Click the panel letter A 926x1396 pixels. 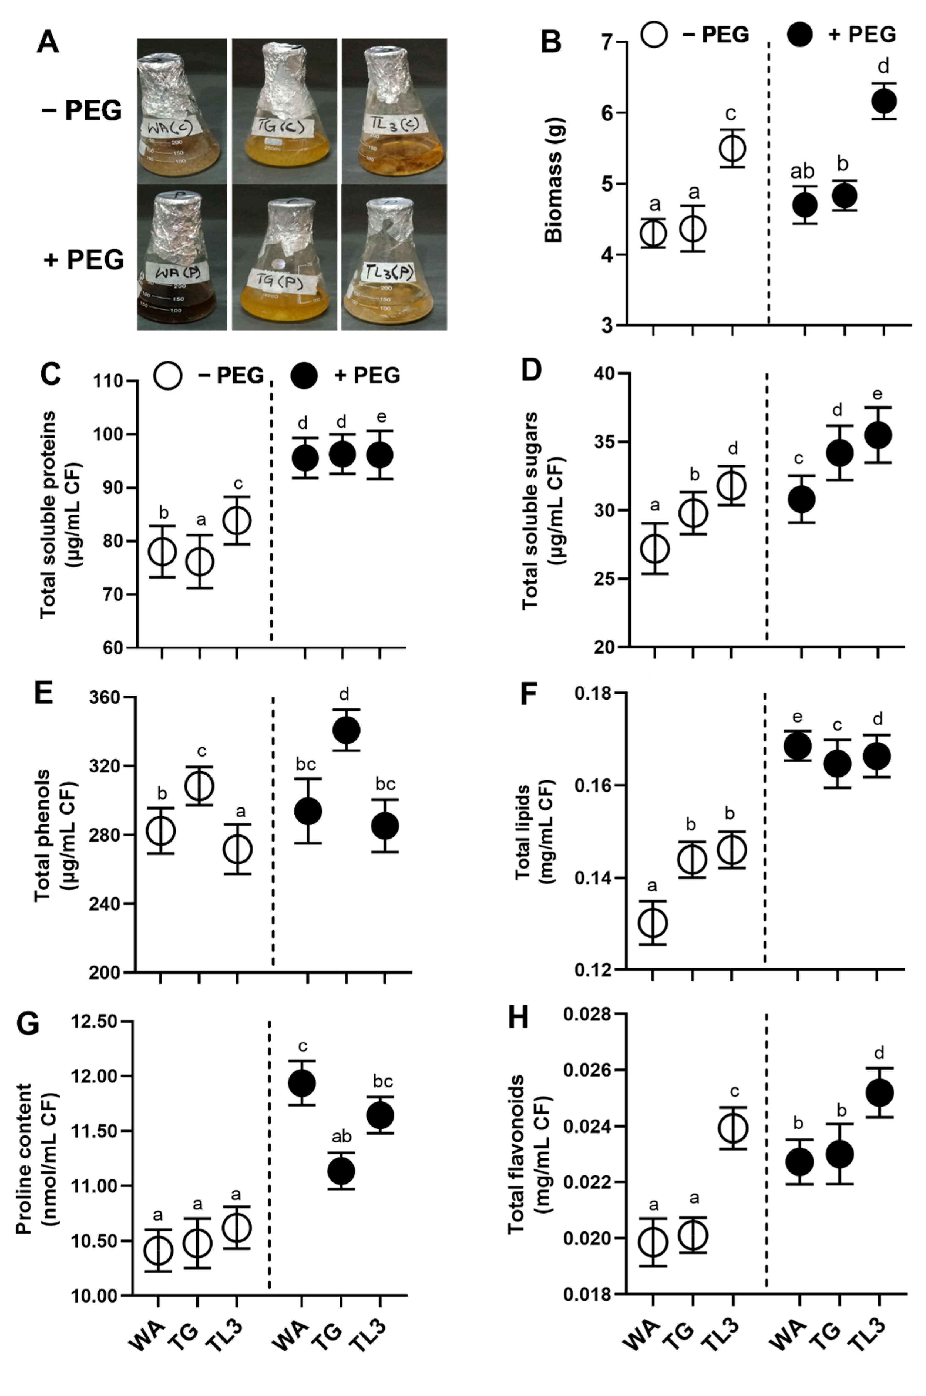[48, 43]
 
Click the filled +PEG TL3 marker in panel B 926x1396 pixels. [884, 102]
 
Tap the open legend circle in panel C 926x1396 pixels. [168, 376]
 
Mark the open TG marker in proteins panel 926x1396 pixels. [200, 561]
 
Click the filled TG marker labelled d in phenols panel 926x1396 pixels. [346, 730]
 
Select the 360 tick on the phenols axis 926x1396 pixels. [105, 698]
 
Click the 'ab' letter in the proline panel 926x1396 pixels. [341, 1135]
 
